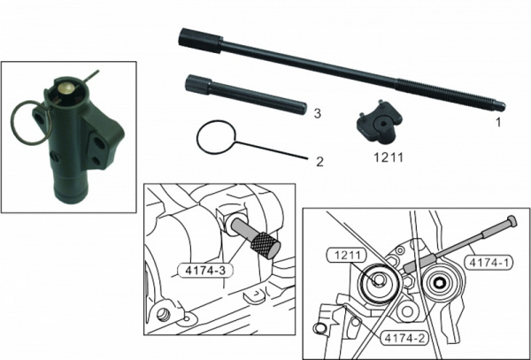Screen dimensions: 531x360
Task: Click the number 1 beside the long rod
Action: (x=498, y=122)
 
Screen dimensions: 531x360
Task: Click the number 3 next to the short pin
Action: (x=318, y=113)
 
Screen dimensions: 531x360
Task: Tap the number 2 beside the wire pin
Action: (x=319, y=161)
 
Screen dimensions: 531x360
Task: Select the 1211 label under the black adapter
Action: (x=389, y=157)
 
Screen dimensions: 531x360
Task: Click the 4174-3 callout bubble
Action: (x=205, y=271)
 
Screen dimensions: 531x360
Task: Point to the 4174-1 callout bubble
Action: (x=488, y=262)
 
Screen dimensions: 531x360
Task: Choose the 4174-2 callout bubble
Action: (x=404, y=338)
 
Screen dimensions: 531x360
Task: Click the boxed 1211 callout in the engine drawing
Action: (x=348, y=255)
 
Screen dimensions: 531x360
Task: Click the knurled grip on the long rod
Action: (x=201, y=41)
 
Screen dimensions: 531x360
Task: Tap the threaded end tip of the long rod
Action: (x=501, y=106)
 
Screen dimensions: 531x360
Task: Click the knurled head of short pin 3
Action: (x=198, y=84)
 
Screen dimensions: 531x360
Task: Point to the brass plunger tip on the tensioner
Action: (x=66, y=88)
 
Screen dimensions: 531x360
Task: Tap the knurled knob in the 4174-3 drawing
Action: (x=265, y=245)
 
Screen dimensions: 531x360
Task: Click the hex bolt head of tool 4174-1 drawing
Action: (x=512, y=222)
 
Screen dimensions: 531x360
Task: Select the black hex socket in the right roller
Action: (x=440, y=284)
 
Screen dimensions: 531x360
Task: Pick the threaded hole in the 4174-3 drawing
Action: (x=163, y=314)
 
